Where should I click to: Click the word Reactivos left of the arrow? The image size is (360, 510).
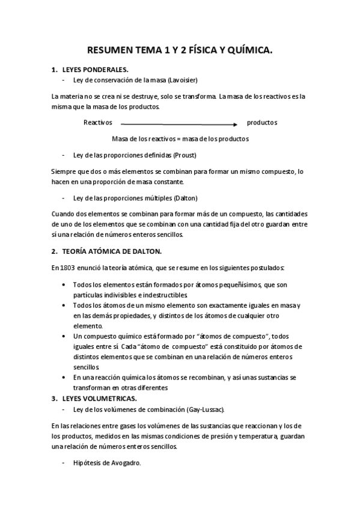tap(98, 123)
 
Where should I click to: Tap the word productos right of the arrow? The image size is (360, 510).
tap(262, 123)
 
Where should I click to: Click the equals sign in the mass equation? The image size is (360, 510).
tap(180, 138)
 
